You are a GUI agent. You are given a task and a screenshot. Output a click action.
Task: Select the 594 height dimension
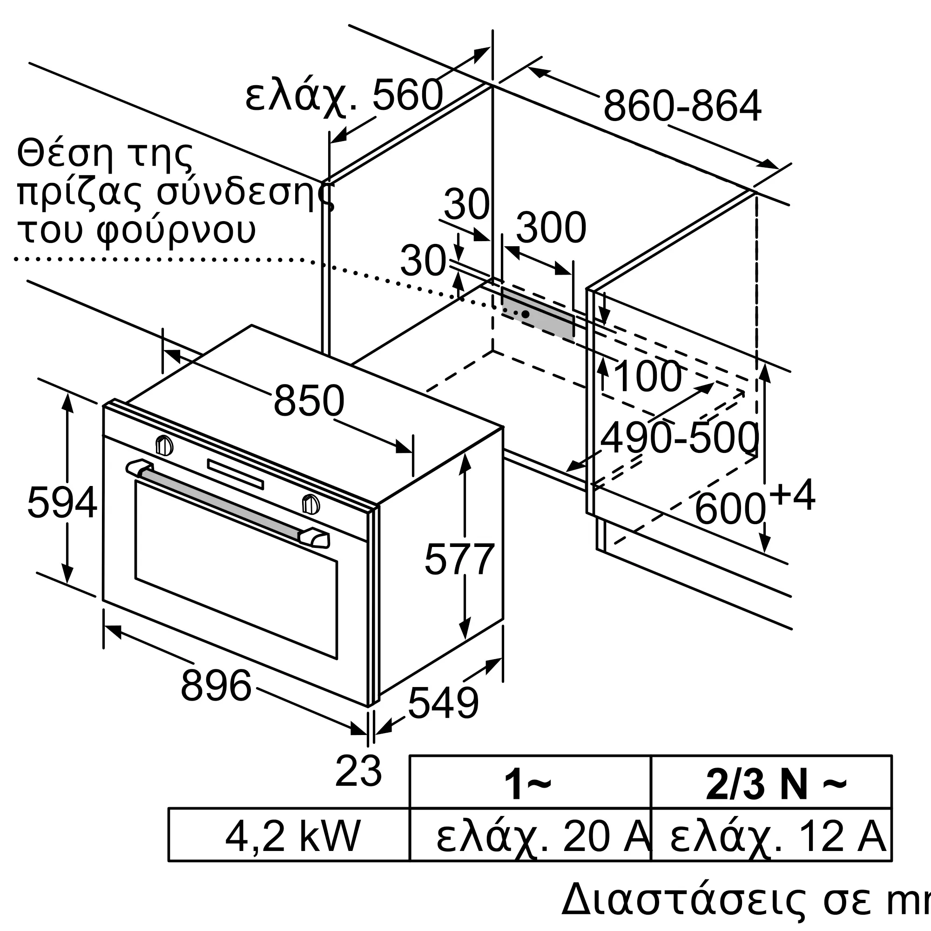[x=62, y=503]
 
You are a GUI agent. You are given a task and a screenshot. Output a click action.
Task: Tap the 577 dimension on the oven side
[x=459, y=559]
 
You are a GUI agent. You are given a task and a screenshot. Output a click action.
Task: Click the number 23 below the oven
[x=358, y=771]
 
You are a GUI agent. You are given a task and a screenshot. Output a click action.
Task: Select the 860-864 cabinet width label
[x=682, y=105]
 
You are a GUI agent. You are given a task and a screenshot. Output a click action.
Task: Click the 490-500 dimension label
[x=680, y=438]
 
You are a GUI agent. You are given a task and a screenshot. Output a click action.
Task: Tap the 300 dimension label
[x=551, y=228]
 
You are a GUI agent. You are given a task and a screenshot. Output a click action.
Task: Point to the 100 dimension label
[x=648, y=376]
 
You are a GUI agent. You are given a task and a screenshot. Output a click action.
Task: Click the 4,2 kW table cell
[x=293, y=837]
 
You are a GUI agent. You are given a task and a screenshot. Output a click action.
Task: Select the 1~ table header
[x=527, y=785]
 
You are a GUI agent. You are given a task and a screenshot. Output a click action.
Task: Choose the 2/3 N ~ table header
[x=776, y=785]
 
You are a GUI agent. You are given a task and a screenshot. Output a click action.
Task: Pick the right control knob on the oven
[x=311, y=504]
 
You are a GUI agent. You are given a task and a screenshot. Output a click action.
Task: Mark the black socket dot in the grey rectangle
[x=526, y=314]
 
